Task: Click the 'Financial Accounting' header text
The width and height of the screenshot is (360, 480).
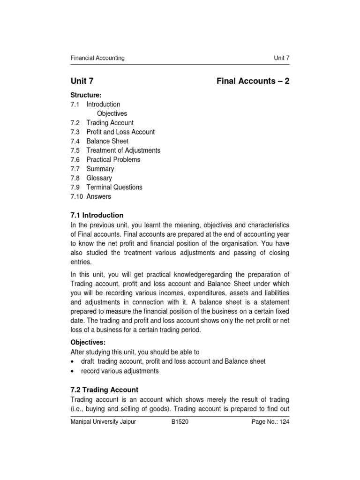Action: tap(97, 58)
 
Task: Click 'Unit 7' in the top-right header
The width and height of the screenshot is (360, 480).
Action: tap(281, 58)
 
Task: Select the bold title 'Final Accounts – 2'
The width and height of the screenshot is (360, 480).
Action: tap(253, 81)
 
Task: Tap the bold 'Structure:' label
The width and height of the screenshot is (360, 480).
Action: tap(86, 95)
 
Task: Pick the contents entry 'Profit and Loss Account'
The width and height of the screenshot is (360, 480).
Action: tap(120, 132)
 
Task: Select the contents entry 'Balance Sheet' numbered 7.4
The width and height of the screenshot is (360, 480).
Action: tap(107, 141)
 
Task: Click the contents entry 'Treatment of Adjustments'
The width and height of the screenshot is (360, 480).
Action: tap(123, 150)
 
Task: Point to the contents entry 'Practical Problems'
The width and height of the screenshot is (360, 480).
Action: tap(113, 159)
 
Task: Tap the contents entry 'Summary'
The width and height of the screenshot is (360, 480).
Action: tap(100, 169)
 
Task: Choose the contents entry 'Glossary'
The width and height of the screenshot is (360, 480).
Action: tap(99, 178)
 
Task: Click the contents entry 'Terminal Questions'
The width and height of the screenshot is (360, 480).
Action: tap(114, 187)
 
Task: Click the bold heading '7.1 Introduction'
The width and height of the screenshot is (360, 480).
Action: tap(97, 216)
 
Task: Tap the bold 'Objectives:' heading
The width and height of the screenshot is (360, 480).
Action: tap(88, 342)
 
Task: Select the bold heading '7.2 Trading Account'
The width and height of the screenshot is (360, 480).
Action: tap(104, 390)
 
